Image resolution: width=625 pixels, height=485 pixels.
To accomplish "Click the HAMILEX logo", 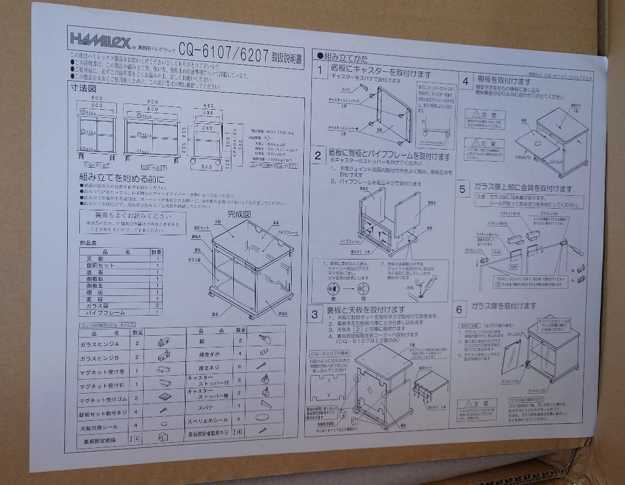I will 95,39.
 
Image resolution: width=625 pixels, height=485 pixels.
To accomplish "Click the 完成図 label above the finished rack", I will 238,214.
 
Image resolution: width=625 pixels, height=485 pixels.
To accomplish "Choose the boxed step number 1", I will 319,72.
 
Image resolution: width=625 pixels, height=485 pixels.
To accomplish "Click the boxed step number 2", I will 318,155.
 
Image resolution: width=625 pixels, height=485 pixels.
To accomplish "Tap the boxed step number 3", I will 314,315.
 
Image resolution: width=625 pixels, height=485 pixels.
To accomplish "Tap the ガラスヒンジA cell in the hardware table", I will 105,343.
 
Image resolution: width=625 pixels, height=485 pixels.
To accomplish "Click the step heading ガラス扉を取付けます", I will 503,306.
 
